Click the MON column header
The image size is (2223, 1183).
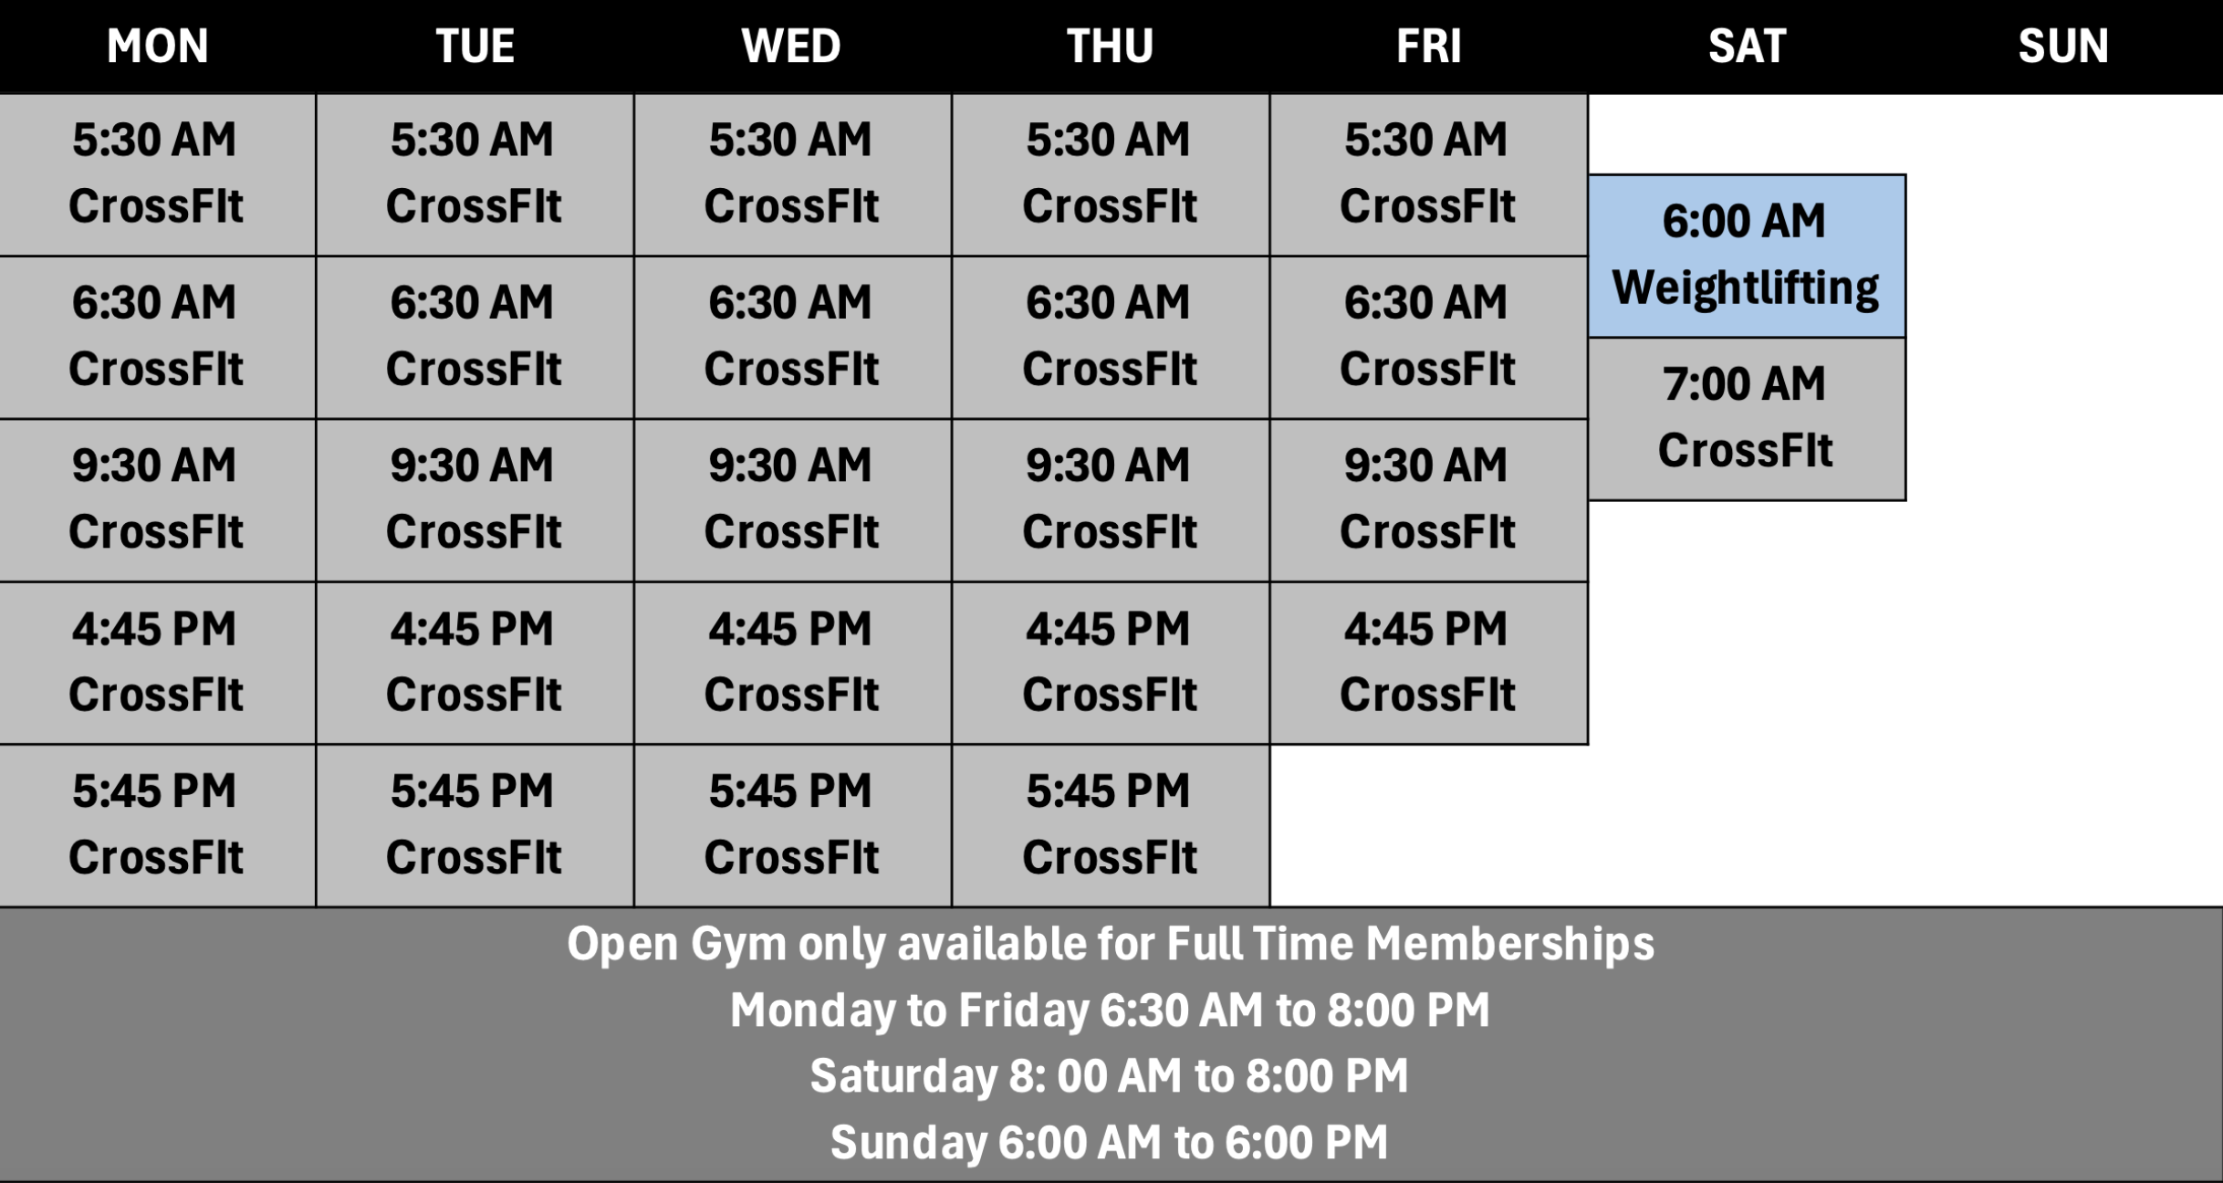pos(157,46)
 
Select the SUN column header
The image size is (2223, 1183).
pos(2063,46)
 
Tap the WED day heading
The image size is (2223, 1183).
pos(791,46)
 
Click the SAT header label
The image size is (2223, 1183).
pos(1747,46)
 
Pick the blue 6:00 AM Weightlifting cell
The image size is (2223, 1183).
pos(1747,256)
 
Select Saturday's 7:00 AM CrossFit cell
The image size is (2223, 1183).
pos(1747,419)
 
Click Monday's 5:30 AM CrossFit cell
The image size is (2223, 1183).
pos(157,174)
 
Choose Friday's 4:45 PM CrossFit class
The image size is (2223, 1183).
pos(1429,663)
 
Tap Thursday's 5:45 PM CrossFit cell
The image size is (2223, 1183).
pos(1111,825)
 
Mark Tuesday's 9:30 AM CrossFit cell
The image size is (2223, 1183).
pos(475,500)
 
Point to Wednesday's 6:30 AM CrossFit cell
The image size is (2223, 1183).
pos(792,338)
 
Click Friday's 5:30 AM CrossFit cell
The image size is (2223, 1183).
pos(1429,174)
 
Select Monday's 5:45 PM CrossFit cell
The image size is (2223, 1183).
pos(157,825)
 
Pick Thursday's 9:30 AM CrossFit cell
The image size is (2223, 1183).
pos(1111,500)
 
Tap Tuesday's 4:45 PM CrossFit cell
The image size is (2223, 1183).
pos(475,663)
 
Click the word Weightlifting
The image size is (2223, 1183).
pos(1746,288)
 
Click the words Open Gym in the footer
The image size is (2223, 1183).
pos(676,944)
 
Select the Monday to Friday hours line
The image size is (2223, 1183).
pos(1110,1010)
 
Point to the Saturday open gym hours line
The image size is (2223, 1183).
pos(1110,1075)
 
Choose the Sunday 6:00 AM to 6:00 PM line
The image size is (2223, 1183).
pos(1110,1142)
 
